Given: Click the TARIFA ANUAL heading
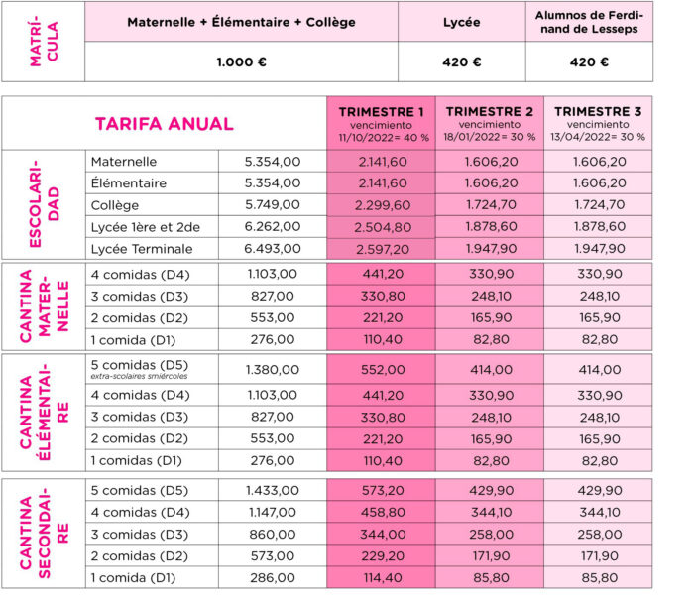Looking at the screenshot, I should (164, 124).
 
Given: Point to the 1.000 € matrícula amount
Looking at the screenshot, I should (242, 61).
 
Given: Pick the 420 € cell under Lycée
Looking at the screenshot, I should (461, 61).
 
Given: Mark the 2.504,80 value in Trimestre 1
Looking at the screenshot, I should (381, 227).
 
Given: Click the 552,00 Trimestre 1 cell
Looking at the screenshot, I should (381, 369).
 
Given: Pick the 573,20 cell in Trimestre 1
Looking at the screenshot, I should (381, 490).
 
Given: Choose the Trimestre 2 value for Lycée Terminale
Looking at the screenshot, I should (489, 249).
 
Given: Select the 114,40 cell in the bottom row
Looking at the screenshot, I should (381, 577).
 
